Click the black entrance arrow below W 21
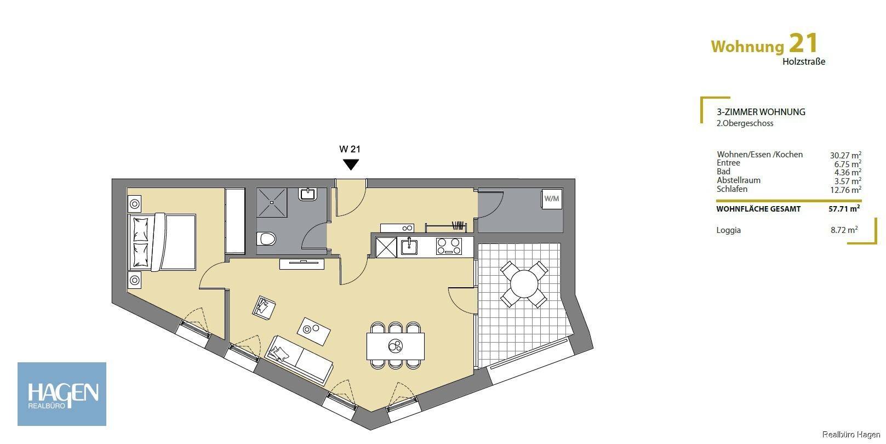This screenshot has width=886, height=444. (351, 164)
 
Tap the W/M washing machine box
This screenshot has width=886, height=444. (552, 199)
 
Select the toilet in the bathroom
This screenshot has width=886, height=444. (266, 239)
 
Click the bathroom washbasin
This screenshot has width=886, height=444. (307, 194)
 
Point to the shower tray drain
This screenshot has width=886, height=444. (272, 202)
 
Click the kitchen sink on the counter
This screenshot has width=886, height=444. (409, 247)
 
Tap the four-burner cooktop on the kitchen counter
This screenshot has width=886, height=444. (449, 246)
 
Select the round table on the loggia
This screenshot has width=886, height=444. (524, 284)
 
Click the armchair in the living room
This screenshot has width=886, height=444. (264, 308)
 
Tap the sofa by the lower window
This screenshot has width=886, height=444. (299, 360)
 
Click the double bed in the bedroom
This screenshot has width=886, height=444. (162, 242)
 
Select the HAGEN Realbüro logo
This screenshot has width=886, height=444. (62, 394)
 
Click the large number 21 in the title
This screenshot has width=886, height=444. (803, 43)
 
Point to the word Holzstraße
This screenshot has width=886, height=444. (804, 61)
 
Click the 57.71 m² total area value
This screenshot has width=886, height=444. (844, 208)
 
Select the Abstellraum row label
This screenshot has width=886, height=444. (739, 180)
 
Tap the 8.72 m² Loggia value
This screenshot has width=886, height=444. (844, 230)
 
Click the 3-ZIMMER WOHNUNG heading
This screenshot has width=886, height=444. (761, 112)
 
